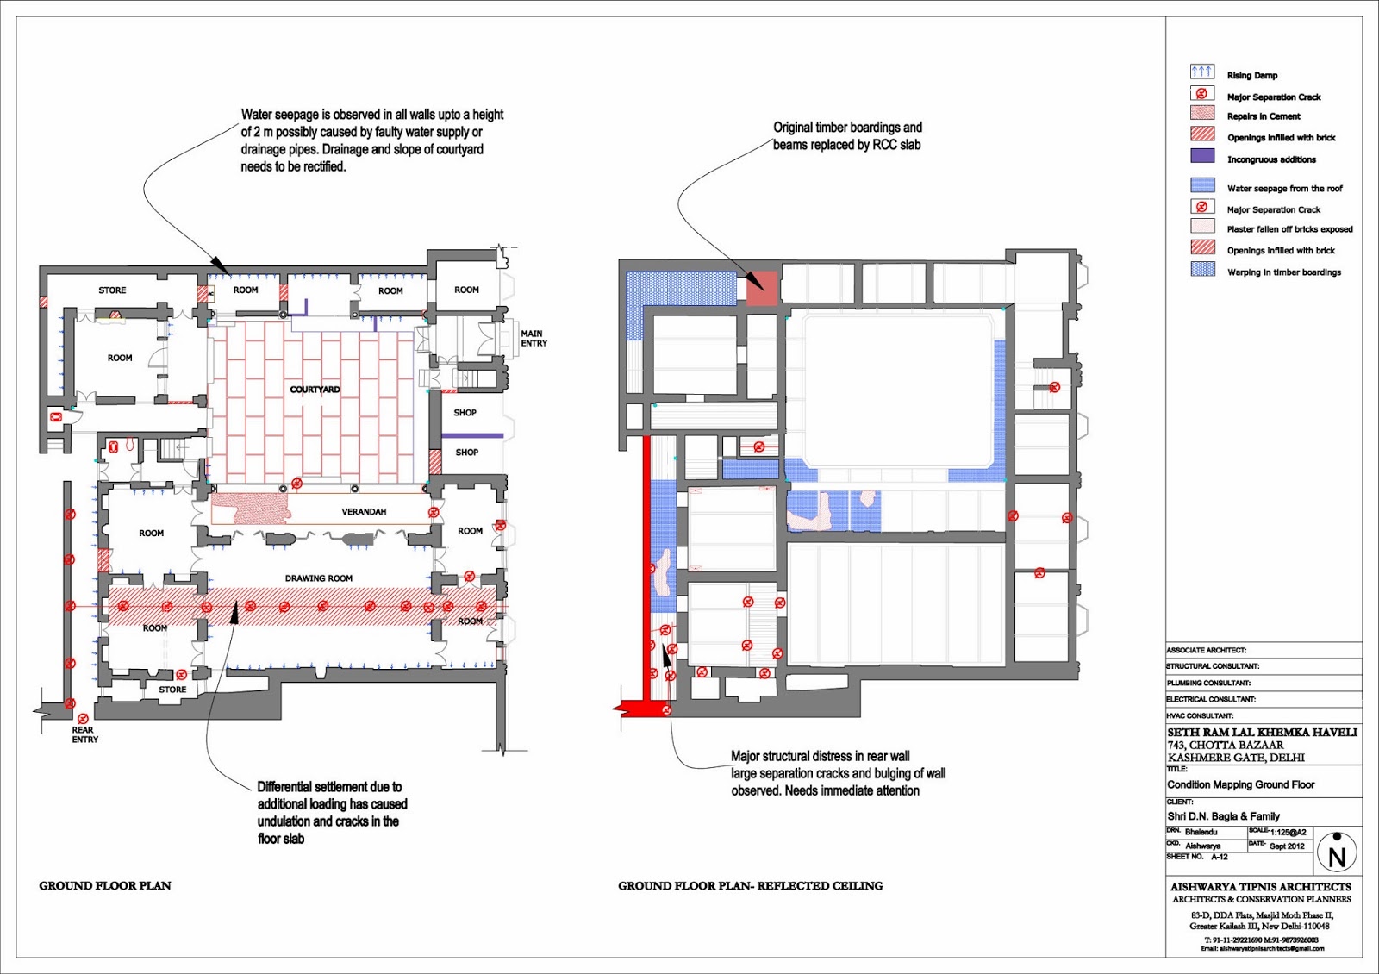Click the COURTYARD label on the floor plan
315,390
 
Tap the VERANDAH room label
364,512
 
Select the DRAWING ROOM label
318,578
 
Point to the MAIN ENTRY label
533,338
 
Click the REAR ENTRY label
84,735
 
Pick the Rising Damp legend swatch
1201,72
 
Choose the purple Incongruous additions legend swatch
1201,157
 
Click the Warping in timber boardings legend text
1283,272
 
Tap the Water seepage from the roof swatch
1201,186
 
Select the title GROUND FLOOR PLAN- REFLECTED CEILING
750,886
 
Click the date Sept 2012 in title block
1287,846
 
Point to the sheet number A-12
1219,858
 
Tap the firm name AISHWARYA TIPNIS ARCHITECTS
1260,887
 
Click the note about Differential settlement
331,812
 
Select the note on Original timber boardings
846,136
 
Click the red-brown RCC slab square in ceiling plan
761,288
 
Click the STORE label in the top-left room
112,290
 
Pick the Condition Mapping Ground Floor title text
1240,785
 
